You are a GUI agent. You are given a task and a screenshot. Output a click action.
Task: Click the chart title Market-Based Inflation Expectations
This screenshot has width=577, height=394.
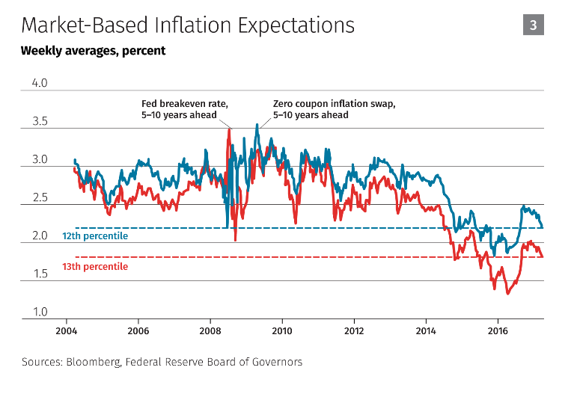point(188,25)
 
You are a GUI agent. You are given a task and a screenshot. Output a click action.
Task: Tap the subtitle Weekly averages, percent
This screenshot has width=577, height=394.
point(94,52)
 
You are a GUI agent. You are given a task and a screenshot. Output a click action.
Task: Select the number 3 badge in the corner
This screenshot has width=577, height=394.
point(533,25)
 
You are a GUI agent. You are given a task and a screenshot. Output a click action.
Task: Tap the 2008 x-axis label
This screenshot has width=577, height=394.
point(210,330)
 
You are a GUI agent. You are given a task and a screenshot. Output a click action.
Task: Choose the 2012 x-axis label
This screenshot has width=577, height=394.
point(354,330)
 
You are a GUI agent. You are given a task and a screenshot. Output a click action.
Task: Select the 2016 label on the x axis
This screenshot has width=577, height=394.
point(498,330)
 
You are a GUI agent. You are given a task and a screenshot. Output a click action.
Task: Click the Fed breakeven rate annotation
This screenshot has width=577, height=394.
point(179,109)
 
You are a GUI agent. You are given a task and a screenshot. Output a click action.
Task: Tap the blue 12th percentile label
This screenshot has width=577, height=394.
point(95,236)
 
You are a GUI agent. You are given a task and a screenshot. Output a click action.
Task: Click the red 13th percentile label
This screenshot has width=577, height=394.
point(95,266)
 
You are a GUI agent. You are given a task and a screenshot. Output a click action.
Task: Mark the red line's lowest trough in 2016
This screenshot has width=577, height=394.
point(508,294)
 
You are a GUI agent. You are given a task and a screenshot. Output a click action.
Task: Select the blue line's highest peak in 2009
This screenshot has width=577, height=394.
point(257,125)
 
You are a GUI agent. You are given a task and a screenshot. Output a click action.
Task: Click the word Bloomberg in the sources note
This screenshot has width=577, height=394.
point(94,362)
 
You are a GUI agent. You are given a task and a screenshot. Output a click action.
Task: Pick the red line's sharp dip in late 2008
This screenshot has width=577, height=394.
point(236,240)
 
